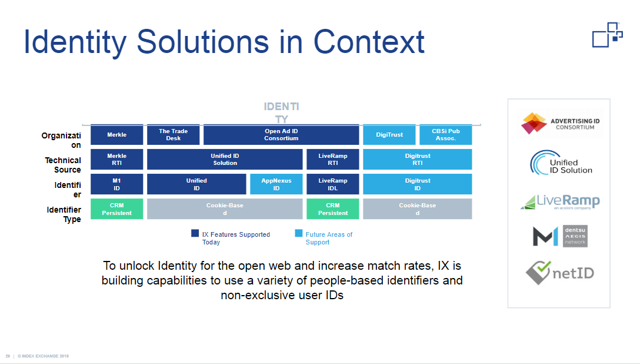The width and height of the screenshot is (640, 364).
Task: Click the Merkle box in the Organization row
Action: (116, 135)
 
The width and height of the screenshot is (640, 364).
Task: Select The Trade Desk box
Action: (173, 135)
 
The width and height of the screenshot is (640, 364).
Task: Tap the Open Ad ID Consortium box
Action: (281, 135)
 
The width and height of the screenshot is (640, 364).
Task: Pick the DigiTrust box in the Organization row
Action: (389, 135)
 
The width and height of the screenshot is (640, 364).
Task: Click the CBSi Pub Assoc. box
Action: (445, 135)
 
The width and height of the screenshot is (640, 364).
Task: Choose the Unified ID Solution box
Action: (225, 159)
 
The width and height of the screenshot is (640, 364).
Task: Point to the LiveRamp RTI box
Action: (332, 159)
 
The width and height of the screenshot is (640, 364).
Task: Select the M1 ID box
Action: (116, 184)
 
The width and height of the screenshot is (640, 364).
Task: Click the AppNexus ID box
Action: (276, 184)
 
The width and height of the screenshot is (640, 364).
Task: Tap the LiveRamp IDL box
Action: (332, 184)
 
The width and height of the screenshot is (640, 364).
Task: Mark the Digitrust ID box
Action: (417, 184)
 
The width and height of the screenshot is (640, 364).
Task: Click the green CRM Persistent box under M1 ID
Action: (116, 209)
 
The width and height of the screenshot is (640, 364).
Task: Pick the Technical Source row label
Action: (63, 165)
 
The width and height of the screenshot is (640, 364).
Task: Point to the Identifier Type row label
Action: (64, 214)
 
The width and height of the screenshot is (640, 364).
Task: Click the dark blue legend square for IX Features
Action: (195, 233)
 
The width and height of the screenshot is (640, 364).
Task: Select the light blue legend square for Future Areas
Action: (298, 233)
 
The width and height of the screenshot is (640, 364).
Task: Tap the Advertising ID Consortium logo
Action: (559, 123)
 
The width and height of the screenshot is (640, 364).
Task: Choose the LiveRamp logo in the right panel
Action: (559, 201)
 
